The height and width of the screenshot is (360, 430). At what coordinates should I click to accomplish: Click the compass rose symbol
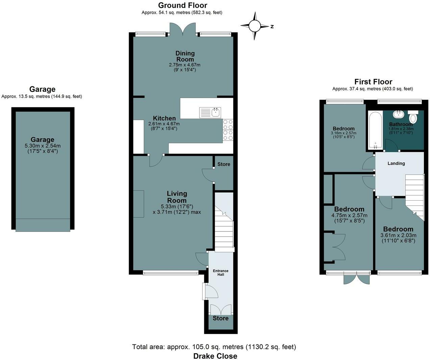coord(255,26)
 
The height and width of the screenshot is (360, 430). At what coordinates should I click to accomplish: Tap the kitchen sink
coord(210,113)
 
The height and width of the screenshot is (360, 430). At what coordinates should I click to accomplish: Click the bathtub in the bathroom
coord(376,130)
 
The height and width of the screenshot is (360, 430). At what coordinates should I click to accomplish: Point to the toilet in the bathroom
coord(413,116)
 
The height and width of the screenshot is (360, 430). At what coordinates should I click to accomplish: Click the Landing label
coord(396,163)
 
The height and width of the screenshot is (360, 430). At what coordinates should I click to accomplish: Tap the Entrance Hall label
coord(220,273)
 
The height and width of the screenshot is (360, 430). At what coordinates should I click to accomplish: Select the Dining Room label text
coord(185,56)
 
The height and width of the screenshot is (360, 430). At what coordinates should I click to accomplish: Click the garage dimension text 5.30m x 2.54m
coord(43,146)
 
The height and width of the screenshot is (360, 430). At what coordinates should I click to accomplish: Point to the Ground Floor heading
coord(183,5)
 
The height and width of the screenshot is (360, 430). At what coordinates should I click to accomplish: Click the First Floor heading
coord(373,82)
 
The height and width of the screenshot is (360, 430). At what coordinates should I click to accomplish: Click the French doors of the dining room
coord(183,29)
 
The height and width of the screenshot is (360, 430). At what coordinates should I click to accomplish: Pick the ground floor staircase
coord(224,222)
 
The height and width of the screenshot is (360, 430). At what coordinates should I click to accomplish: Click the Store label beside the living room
coord(224,164)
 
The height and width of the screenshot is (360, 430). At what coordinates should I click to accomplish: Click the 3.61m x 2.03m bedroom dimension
coord(398,235)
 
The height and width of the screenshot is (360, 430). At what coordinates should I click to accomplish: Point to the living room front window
coord(170,273)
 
